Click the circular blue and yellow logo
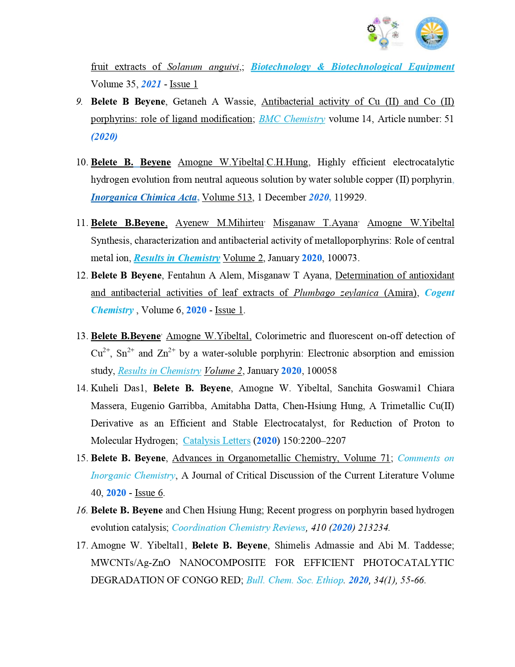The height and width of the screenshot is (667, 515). [x=432, y=33]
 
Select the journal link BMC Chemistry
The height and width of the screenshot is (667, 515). [x=292, y=119]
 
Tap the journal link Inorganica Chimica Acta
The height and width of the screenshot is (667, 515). [x=144, y=197]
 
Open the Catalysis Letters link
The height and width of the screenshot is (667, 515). [x=217, y=441]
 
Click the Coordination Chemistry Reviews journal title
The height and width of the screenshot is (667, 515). [x=239, y=528]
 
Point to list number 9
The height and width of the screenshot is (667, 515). [x=80, y=101]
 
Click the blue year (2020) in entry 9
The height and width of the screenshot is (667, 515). [x=104, y=137]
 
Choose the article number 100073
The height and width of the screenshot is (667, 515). [x=343, y=258]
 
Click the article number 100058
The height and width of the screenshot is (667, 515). [x=322, y=371]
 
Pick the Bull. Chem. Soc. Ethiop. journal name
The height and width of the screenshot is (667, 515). [x=295, y=580]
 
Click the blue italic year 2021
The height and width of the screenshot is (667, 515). [x=151, y=84]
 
